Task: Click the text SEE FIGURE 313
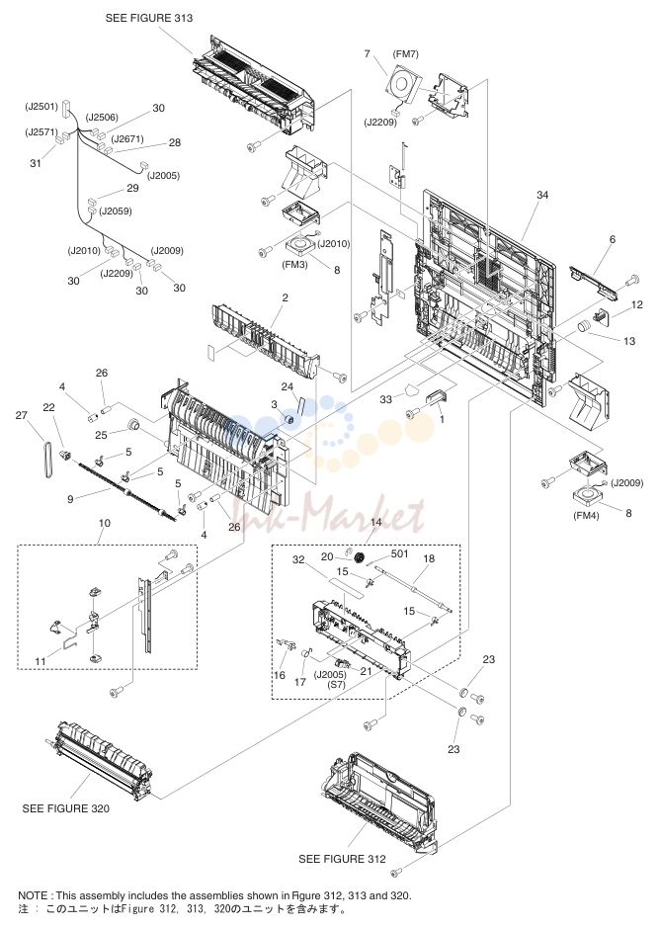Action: pos(149,18)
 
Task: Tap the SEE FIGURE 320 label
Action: pos(65,808)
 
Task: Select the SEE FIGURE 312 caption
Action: pos(342,859)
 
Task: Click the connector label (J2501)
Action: pos(41,107)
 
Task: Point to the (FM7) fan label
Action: pos(405,53)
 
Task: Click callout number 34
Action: pos(542,195)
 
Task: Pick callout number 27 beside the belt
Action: pos(22,415)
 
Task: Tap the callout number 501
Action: pos(400,553)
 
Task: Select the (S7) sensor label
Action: pos(336,685)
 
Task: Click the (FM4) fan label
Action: pos(586,516)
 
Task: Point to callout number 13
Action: pos(629,341)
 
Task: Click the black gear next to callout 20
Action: pos(358,557)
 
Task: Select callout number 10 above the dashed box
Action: pos(104,523)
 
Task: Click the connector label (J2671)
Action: pos(127,139)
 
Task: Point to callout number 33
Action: pos(385,399)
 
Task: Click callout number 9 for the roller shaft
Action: pos(70,499)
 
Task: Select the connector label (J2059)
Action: pos(116,211)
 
